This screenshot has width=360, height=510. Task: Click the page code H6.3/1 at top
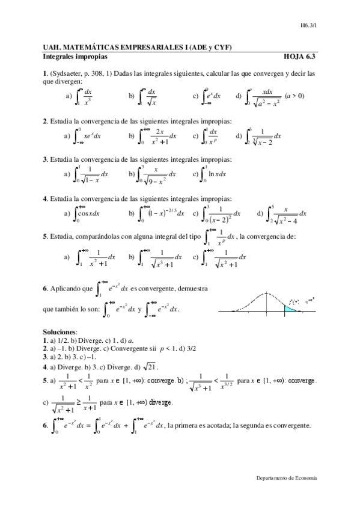308,26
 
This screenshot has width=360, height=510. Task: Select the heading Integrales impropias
75,57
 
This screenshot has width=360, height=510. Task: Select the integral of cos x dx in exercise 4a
88,214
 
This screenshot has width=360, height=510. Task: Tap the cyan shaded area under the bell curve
291,308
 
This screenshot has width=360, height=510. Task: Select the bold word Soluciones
60,331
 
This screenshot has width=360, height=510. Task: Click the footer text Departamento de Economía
286,477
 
